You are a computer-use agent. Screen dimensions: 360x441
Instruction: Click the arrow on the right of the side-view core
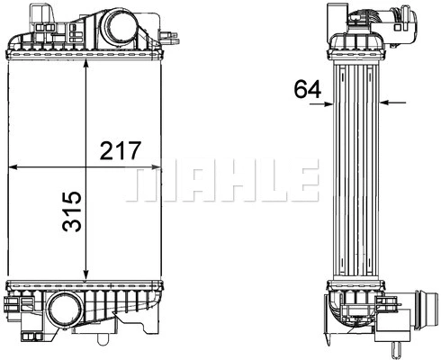point(388,103)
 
